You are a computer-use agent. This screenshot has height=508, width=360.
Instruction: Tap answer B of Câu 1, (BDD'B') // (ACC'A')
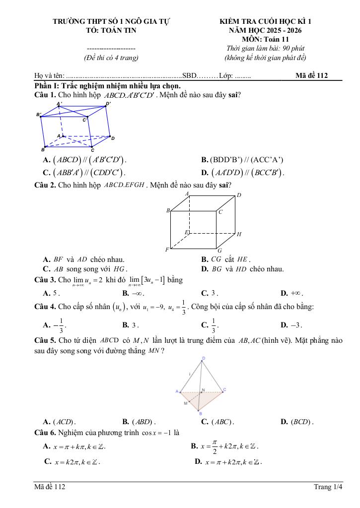[x=242, y=160]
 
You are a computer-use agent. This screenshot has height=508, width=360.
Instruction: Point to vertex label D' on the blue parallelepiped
[x=108, y=104]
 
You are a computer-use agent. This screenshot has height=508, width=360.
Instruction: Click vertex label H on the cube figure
[x=239, y=234]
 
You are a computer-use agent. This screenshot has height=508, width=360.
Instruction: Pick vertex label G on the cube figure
[x=219, y=251]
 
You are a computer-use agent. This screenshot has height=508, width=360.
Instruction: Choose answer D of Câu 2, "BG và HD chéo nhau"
[x=242, y=269]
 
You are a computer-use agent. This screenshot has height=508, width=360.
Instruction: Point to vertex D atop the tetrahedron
[x=204, y=358]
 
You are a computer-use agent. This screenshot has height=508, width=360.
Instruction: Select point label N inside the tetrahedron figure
[x=203, y=391]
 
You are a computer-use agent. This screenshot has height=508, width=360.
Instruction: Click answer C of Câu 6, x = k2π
[x=72, y=462]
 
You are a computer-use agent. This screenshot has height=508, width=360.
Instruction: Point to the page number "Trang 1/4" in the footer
[x=328, y=487]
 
